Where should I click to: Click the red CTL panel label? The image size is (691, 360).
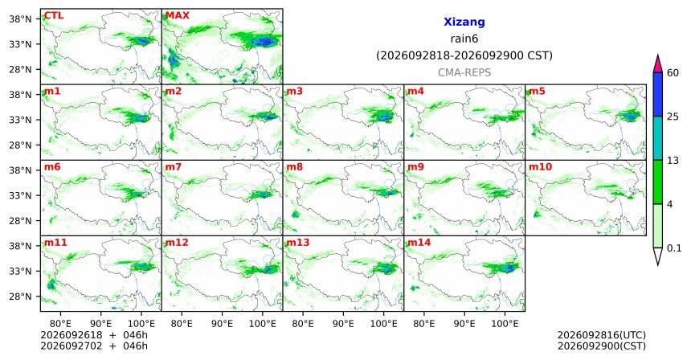point(54,15)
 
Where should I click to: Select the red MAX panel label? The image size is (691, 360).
point(177,15)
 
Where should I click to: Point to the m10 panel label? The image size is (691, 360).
point(540,167)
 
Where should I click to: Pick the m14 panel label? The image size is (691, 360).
point(419,243)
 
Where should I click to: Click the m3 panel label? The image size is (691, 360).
point(295,92)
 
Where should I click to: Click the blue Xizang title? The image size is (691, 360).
point(464,22)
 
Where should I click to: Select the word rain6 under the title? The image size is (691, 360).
point(464,39)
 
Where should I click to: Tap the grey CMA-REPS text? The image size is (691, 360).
point(464,72)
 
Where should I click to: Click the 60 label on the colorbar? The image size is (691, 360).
point(673,72)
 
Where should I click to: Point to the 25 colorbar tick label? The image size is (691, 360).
point(673,117)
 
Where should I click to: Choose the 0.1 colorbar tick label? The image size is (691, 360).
point(674,248)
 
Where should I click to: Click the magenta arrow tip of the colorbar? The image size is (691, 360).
point(657,55)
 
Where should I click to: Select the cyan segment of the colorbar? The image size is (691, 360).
point(657,138)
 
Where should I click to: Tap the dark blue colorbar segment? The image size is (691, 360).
point(657,94)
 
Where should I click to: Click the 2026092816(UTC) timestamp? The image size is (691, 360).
point(602,335)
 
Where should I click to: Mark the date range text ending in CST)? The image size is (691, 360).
point(464,56)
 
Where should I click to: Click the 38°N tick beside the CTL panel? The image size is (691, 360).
point(21,19)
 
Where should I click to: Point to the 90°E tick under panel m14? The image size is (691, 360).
point(464,324)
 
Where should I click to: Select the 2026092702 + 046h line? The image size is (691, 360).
point(94,346)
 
